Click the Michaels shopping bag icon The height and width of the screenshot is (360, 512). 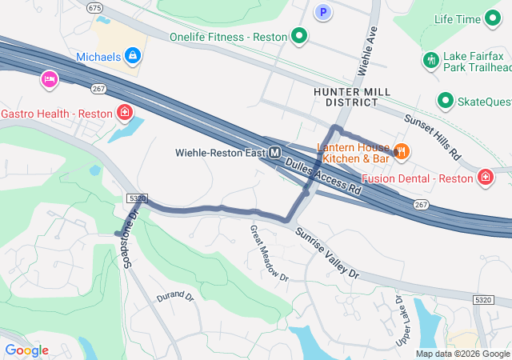(133, 56)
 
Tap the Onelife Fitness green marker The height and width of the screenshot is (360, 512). (299, 35)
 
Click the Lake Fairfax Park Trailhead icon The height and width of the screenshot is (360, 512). (430, 60)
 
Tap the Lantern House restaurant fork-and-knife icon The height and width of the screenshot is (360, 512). (402, 150)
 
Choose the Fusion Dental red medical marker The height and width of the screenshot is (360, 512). (485, 177)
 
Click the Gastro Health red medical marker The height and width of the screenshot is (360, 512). (125, 112)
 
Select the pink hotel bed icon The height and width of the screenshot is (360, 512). (50, 79)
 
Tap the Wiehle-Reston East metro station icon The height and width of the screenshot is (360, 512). (275, 152)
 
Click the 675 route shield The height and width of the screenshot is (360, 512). (95, 7)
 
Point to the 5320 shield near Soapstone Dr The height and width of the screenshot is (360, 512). (137, 198)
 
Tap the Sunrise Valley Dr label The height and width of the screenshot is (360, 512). (328, 252)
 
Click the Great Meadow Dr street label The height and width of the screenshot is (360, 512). (269, 253)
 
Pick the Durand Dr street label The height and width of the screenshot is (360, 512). (175, 296)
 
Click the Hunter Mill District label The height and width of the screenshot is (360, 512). (352, 97)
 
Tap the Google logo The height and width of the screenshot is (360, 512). (26, 350)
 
